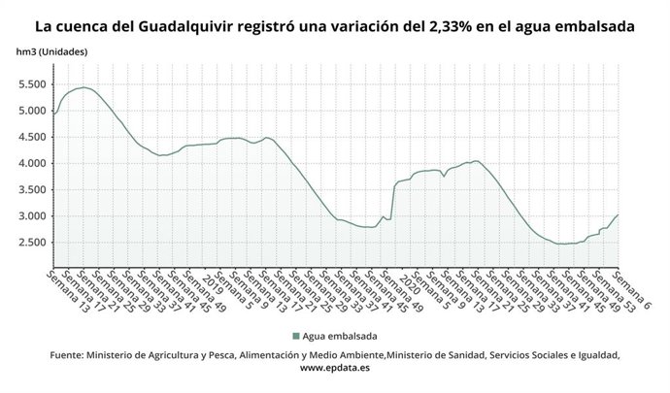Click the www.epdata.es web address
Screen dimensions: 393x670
tap(334, 369)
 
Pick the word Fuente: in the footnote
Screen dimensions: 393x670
tap(66, 355)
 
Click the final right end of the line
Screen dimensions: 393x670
tap(619, 214)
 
